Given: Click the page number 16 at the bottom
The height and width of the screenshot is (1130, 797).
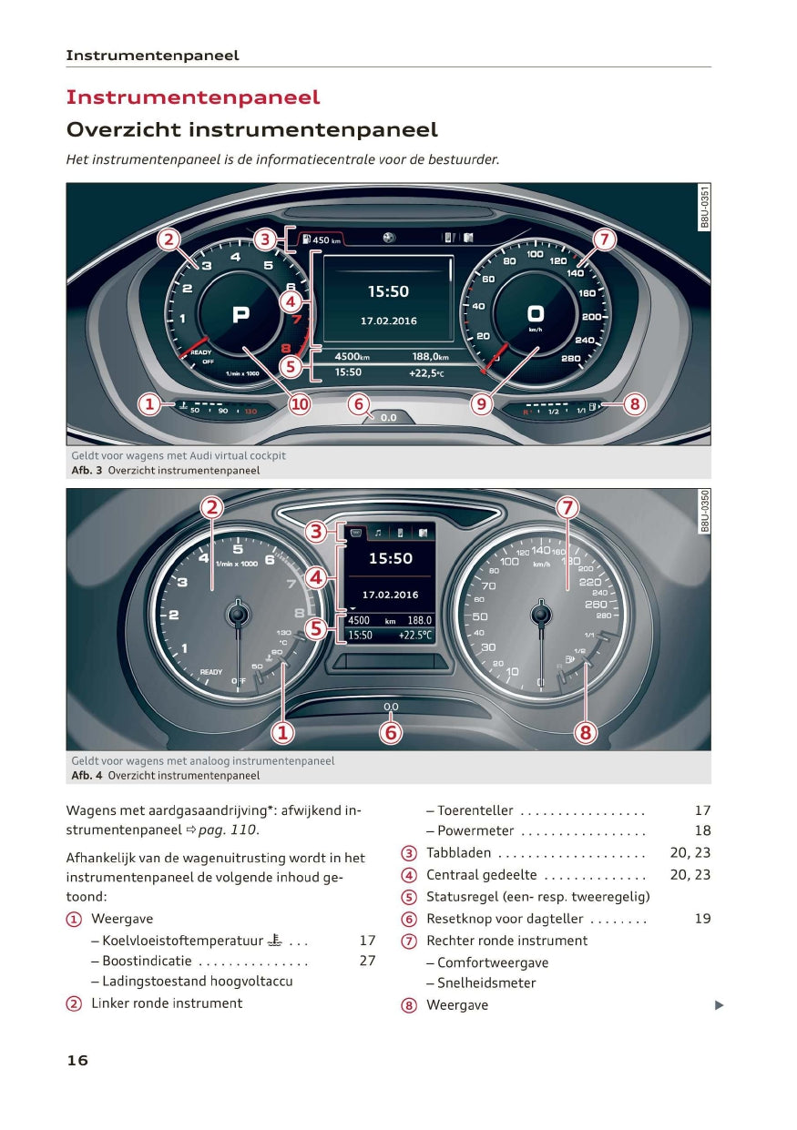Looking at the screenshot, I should [77, 1060].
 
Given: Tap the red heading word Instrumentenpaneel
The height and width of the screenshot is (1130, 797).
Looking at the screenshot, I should [193, 97].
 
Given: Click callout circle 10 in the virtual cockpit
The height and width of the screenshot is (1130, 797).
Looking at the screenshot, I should [300, 403].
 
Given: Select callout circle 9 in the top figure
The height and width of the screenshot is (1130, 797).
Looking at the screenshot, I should [482, 403].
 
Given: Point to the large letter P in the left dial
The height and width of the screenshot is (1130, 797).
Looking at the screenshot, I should [240, 315].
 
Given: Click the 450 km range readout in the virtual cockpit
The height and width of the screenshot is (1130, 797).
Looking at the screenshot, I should [325, 240].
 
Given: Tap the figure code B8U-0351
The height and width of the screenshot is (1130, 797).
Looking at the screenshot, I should [704, 207].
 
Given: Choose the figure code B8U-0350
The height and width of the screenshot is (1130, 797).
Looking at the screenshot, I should [704, 511].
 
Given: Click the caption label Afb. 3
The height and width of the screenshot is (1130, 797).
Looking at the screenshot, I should [87, 471].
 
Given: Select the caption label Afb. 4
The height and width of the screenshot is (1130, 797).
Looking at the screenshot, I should [87, 776].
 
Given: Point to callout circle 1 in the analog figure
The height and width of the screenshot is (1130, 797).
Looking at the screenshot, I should [282, 732].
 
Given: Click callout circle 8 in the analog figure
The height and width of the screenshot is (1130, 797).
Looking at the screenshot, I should [586, 732].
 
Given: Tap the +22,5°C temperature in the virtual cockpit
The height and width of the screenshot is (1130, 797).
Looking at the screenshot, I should [426, 372].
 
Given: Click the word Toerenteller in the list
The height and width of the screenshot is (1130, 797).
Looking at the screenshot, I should [475, 810].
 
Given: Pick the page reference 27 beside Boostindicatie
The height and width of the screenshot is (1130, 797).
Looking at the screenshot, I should [367, 961].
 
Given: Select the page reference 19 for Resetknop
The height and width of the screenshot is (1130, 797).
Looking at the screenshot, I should [702, 919].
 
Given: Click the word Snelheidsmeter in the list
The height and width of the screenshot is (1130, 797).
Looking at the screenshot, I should [486, 982].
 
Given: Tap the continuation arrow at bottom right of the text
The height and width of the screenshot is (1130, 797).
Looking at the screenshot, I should [719, 1005].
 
